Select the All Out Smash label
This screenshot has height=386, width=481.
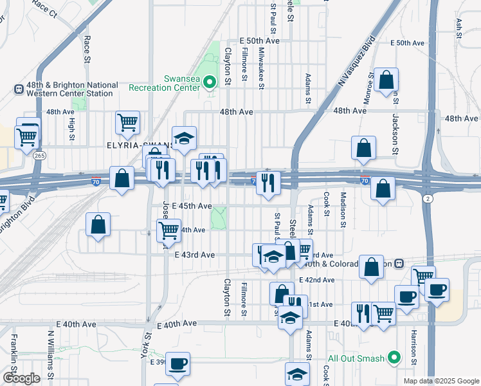[356, 358]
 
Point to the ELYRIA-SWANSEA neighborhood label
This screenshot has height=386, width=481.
[139, 145]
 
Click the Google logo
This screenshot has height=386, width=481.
[21, 378]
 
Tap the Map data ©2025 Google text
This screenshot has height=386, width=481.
[440, 381]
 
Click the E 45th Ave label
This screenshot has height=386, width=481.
[192, 206]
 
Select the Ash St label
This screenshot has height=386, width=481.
[459, 29]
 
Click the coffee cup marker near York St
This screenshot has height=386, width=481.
[178, 363]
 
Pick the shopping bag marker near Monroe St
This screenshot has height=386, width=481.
[387, 80]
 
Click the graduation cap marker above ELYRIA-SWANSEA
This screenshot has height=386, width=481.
[185, 139]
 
